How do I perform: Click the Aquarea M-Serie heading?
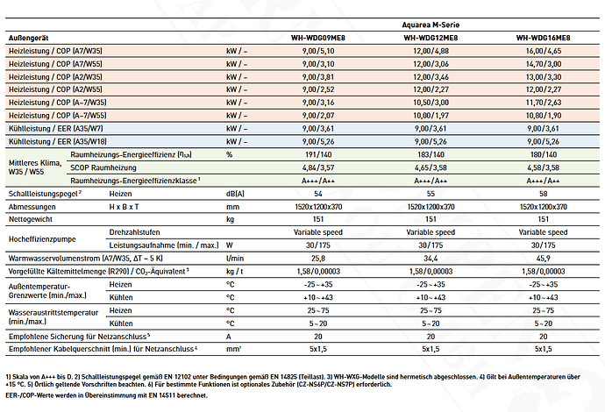pyautogui.click(x=431, y=25)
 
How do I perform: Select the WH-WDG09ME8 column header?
pyautogui.click(x=318, y=38)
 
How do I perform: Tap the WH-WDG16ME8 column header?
pyautogui.click(x=544, y=38)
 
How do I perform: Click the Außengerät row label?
pyautogui.click(x=29, y=38)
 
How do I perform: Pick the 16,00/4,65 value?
pyautogui.click(x=544, y=51)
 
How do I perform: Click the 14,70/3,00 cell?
pyautogui.click(x=544, y=64)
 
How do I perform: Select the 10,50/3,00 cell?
pyautogui.click(x=431, y=103)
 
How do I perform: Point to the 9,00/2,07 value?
pyautogui.click(x=318, y=116)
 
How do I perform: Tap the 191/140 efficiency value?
pyautogui.click(x=318, y=154)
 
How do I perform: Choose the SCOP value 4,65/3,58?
pyautogui.click(x=431, y=167)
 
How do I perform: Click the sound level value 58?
pyautogui.click(x=544, y=194)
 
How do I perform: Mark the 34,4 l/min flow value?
pyautogui.click(x=431, y=258)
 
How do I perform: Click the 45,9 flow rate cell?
pyautogui.click(x=544, y=258)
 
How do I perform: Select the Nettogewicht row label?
pyautogui.click(x=31, y=219)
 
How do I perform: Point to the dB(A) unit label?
pyautogui.click(x=235, y=194)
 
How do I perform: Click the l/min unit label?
pyautogui.click(x=235, y=258)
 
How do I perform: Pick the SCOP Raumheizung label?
pyautogui.click(x=103, y=167)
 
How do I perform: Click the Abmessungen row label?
pyautogui.click(x=32, y=207)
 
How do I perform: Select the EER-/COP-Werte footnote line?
pyautogui.click(x=106, y=395)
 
